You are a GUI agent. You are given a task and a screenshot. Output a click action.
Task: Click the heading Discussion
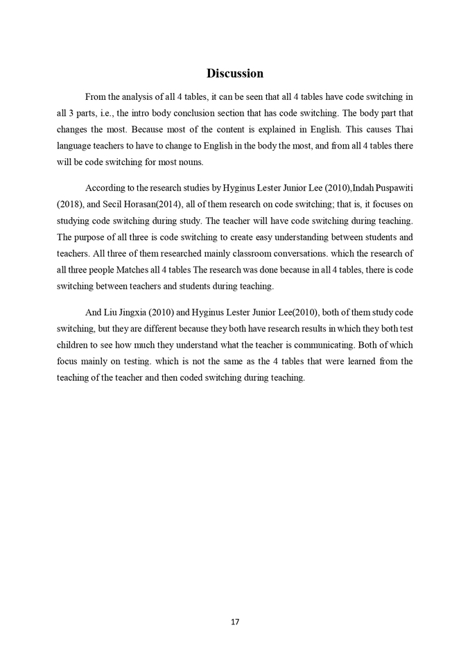tap(234, 73)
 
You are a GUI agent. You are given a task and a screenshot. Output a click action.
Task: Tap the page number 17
tap(235, 622)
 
